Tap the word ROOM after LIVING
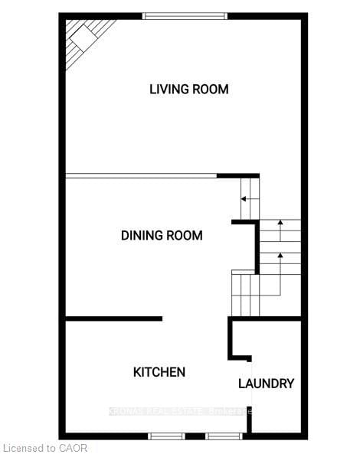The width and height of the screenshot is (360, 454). [211, 89]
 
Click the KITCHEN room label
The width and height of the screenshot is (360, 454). [159, 372]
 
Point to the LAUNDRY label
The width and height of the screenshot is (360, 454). [266, 384]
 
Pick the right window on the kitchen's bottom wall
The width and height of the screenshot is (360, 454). [223, 436]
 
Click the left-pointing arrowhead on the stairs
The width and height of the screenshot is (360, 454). [244, 199]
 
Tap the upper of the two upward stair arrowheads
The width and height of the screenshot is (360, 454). [280, 223]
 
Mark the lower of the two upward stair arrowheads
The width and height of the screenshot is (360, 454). [280, 253]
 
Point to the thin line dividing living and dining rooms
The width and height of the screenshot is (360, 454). [141, 177]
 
